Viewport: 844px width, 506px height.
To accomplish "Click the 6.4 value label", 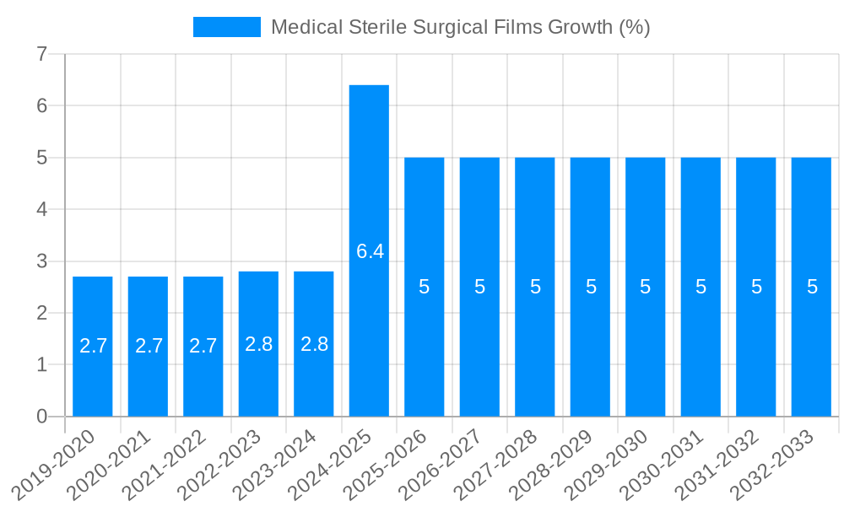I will tap(370, 251).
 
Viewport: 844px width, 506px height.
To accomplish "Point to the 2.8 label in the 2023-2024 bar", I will tap(314, 344).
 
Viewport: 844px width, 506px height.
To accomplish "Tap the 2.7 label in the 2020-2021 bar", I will tap(149, 346).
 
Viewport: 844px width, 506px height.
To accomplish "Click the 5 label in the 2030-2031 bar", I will tap(701, 287).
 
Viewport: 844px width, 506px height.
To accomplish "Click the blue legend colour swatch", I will tap(227, 27).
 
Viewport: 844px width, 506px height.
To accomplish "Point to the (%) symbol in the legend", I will tap(634, 27).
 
